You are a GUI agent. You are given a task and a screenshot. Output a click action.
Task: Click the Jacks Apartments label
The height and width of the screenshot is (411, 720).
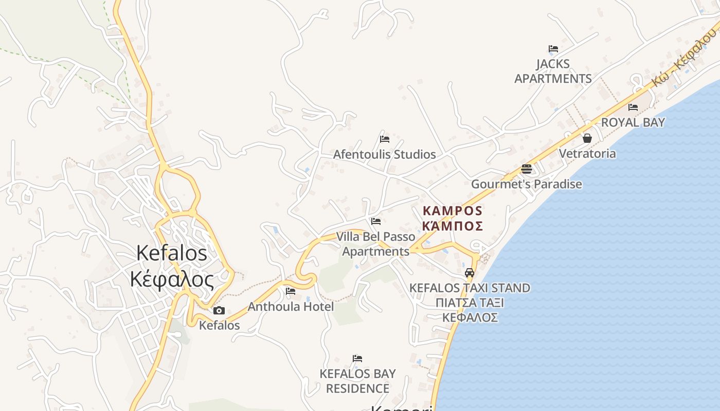tap(553, 71)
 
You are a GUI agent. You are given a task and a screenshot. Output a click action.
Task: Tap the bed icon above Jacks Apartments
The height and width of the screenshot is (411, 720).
tap(553, 49)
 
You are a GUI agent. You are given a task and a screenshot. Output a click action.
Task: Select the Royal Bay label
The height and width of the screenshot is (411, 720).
tap(633, 122)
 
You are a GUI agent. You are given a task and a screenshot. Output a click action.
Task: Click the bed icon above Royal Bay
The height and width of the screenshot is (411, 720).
tap(633, 107)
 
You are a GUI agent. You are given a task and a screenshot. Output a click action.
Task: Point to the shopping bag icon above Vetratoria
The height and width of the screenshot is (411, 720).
tap(587, 138)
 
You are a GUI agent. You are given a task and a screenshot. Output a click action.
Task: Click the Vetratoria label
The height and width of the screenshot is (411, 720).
tap(587, 154)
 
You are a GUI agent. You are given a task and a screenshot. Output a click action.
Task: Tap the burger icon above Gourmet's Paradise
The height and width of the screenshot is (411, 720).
tap(526, 169)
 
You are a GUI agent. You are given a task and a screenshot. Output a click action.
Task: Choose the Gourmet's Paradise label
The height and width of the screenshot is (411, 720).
tap(527, 184)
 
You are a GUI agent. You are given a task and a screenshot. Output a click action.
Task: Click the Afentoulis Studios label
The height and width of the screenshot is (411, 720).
tap(384, 154)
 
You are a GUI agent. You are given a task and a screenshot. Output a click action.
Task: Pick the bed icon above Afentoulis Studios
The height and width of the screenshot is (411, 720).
tap(384, 139)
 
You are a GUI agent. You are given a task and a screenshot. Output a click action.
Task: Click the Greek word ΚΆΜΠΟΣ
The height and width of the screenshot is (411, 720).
tap(453, 226)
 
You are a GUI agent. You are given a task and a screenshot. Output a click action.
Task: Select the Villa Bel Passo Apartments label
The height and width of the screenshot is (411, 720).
tap(376, 244)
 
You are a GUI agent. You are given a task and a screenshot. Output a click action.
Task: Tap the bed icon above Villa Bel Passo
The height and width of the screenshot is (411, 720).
tap(376, 221)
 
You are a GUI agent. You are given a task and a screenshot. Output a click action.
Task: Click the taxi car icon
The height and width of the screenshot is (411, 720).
tap(469, 273)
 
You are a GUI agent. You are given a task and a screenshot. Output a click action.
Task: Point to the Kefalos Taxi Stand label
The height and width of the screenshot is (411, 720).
tap(469, 288)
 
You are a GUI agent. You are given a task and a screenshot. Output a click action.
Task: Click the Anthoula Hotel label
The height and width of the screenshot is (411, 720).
tap(291, 307)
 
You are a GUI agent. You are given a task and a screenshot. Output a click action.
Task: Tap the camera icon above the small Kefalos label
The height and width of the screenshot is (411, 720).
tap(219, 310)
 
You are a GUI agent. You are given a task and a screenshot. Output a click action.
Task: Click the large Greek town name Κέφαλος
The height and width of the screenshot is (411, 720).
tap(172, 280)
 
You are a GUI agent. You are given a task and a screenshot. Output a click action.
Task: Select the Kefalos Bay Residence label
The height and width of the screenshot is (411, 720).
tap(357, 381)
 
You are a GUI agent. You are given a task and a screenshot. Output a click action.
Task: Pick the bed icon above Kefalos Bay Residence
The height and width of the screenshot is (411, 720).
tap(357, 358)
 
